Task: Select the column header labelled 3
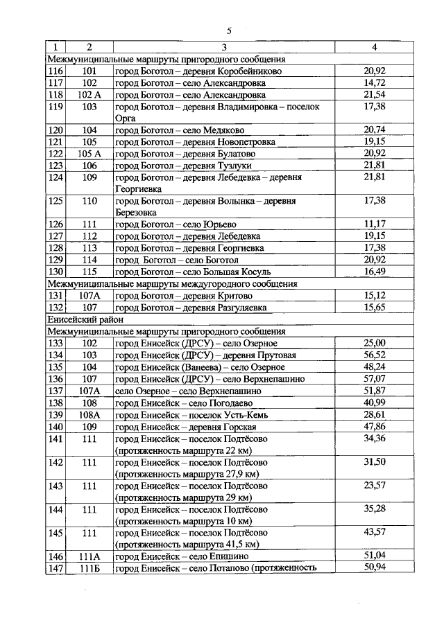[224, 47]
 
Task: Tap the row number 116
[55, 71]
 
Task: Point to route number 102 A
[89, 94]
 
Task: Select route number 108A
[89, 414]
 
